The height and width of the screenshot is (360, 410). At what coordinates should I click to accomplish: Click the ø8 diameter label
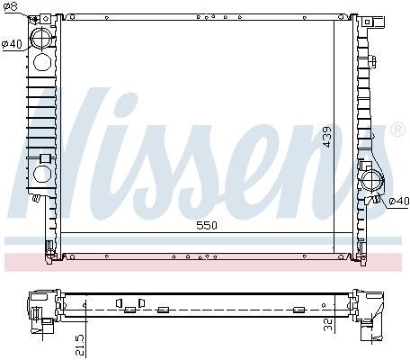coord(11,6)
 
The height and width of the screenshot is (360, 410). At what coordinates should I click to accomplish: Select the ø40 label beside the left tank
coord(12,44)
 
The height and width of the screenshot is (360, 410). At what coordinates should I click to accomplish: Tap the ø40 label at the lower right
coord(398,201)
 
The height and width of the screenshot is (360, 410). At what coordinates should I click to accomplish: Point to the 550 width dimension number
coord(207,225)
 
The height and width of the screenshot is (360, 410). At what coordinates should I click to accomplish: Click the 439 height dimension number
coord(327,137)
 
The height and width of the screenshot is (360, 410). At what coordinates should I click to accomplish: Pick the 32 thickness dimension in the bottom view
coord(328,324)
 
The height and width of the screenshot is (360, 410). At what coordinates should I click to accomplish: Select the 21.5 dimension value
coord(80,345)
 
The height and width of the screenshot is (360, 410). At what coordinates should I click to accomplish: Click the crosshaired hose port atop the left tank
coord(42,37)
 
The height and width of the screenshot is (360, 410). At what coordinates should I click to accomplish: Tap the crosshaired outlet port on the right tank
coord(372,180)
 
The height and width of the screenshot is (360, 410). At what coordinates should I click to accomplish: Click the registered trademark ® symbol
coord(397,130)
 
